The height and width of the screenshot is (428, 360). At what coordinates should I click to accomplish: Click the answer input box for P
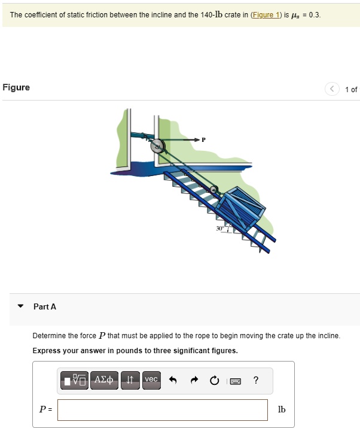163,410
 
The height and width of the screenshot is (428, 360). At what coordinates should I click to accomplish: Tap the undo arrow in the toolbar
173,380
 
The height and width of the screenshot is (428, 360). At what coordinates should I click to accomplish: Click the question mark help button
256,380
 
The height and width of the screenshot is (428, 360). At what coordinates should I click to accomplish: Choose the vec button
151,380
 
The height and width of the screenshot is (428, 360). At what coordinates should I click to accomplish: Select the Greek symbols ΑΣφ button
105,380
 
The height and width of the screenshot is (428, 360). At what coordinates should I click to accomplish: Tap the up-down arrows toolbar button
130,380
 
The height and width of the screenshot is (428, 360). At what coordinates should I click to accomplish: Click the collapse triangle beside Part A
21,306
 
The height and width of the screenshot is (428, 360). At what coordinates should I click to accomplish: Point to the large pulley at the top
158,145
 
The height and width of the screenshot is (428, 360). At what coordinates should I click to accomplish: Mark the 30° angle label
219,229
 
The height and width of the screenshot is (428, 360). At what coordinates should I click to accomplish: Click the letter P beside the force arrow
203,139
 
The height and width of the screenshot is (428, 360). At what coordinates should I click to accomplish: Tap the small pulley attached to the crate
213,191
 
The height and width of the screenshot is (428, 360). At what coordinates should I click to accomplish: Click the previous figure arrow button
332,89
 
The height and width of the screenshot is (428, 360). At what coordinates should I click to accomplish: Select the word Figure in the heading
16,87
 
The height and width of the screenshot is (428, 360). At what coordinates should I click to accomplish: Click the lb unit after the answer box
282,409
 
